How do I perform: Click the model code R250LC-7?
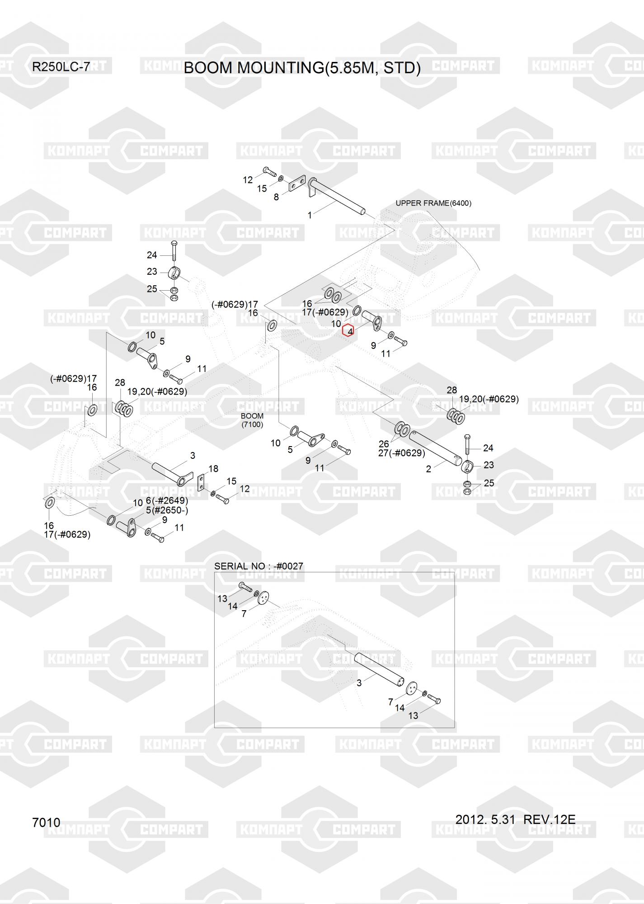coord(61,67)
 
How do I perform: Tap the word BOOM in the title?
coord(209,68)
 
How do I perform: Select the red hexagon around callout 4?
coord(348,331)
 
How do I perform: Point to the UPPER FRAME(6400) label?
coord(433,203)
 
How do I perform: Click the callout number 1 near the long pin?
coord(310,216)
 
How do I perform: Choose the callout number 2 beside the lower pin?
coord(428,469)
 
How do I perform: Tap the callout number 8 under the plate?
coord(276,197)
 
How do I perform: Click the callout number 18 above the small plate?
coord(213,468)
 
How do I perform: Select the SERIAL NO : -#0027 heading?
coord(259,566)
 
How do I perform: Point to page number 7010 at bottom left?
coord(46,822)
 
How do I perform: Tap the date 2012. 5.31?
coord(485,819)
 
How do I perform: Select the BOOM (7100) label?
coord(252,420)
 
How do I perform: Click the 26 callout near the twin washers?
coord(384,444)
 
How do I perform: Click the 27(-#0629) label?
coord(401,453)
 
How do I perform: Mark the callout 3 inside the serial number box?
coord(359,683)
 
